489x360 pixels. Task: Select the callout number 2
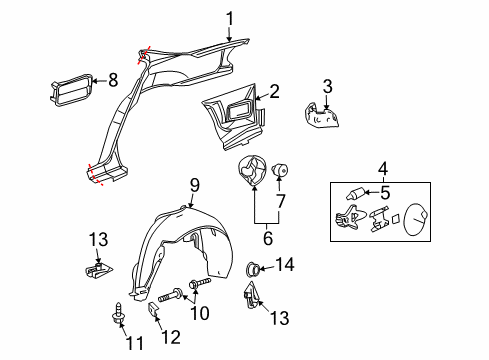[x=274, y=91]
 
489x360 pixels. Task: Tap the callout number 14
[x=286, y=265]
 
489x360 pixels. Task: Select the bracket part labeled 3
[x=322, y=117]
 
